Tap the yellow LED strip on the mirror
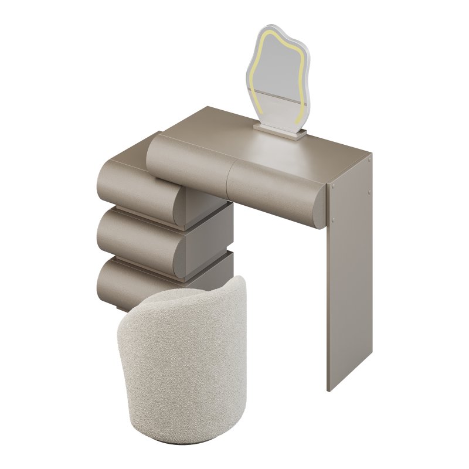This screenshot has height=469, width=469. pos(257,64)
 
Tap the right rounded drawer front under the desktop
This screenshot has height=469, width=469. pos(276,188)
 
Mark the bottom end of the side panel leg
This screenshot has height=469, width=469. pos(332,384)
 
